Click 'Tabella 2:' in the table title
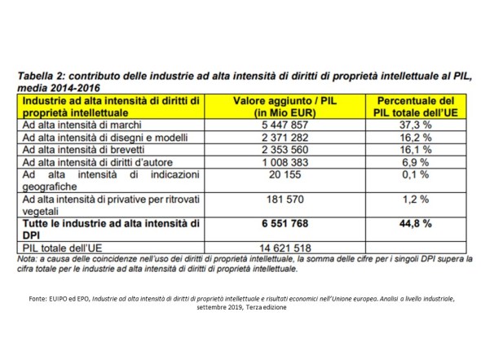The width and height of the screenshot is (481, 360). tap(41, 76)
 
